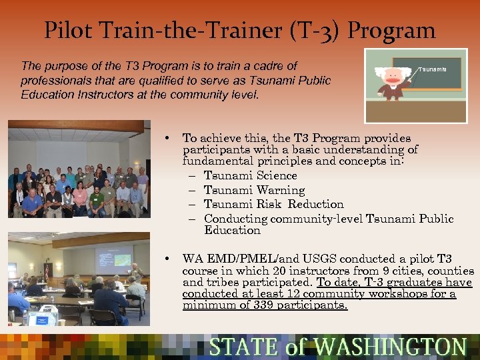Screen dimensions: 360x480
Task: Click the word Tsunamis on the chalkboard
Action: [432, 69]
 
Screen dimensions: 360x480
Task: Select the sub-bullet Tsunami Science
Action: [250, 175]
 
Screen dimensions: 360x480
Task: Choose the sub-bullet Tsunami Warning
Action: [254, 190]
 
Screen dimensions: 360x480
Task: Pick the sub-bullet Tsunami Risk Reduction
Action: [273, 204]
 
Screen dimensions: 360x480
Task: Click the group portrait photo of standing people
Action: [79, 170]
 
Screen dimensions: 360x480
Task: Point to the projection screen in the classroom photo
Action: [114, 260]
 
